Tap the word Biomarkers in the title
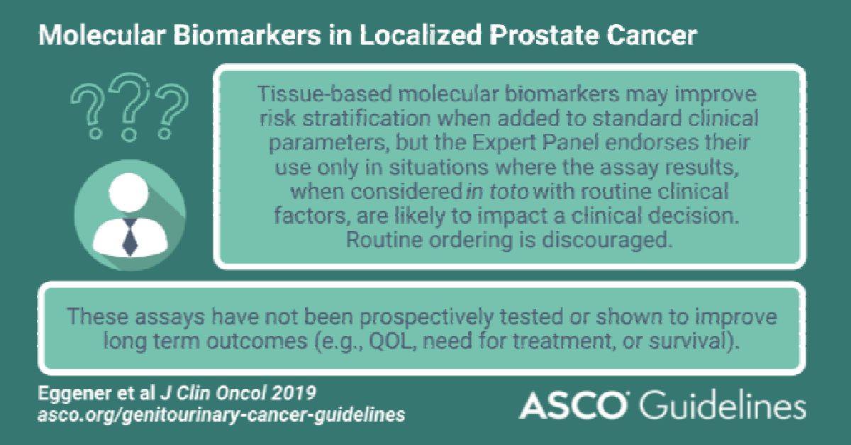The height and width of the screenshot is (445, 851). pyautogui.click(x=247, y=35)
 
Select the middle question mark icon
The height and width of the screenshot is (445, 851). pyautogui.click(x=130, y=107)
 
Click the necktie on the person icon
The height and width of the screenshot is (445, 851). pyautogui.click(x=130, y=237)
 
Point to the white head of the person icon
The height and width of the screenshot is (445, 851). pyautogui.click(x=128, y=192)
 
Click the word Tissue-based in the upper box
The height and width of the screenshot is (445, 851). pyautogui.click(x=325, y=94)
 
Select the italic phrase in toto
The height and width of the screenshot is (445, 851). pyautogui.click(x=497, y=191)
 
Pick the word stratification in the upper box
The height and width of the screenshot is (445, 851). pyautogui.click(x=367, y=118)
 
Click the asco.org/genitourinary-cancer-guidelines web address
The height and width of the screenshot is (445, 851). pyautogui.click(x=221, y=415)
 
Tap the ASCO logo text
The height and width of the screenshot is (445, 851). pyautogui.click(x=573, y=405)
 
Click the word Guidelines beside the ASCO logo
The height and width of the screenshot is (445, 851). pyautogui.click(x=722, y=406)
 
